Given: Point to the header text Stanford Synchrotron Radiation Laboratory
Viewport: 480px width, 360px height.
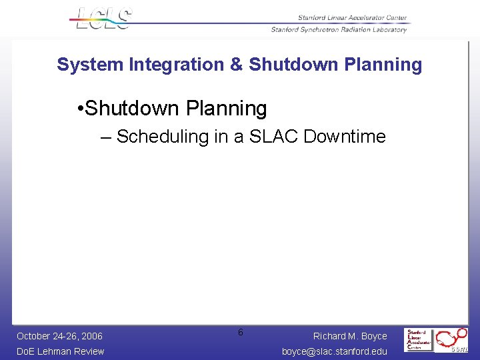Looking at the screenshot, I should [339, 29].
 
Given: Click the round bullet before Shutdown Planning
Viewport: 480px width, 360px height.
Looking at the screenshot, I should [80, 109].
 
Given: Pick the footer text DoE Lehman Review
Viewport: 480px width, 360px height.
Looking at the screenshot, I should [60, 351].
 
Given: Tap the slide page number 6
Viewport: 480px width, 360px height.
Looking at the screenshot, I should [241, 332].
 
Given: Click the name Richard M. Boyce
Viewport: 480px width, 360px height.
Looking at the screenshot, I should [350, 336].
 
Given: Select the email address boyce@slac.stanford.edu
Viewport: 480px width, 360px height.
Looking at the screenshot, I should [334, 351].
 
